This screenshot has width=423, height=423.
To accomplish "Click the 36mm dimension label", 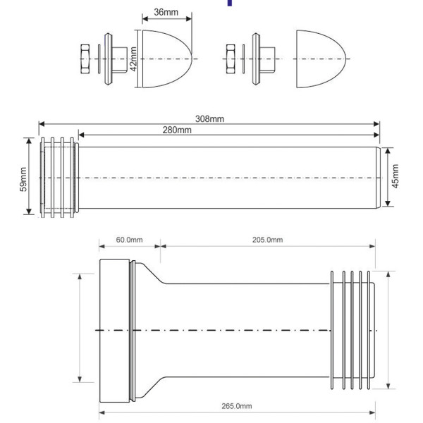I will pyautogui.click(x=166, y=12).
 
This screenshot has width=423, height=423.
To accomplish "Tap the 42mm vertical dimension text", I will pyautogui.click(x=132, y=54).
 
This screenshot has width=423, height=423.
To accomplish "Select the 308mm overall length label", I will pyautogui.click(x=209, y=118).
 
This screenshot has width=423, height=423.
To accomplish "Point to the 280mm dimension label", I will pyautogui.click(x=176, y=130).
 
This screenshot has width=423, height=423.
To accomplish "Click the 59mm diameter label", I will pyautogui.click(x=23, y=178).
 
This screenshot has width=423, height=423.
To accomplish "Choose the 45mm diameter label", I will pyautogui.click(x=395, y=176).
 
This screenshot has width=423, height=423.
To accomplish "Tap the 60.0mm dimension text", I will pyautogui.click(x=129, y=240).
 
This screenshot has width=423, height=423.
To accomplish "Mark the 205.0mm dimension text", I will pyautogui.click(x=267, y=240).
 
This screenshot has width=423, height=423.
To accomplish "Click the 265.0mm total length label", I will pyautogui.click(x=238, y=406).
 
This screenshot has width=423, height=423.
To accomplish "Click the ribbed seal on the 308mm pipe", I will pyautogui.click(x=58, y=177).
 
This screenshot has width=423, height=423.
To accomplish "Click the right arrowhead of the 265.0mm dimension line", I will pyautogui.click(x=373, y=412).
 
